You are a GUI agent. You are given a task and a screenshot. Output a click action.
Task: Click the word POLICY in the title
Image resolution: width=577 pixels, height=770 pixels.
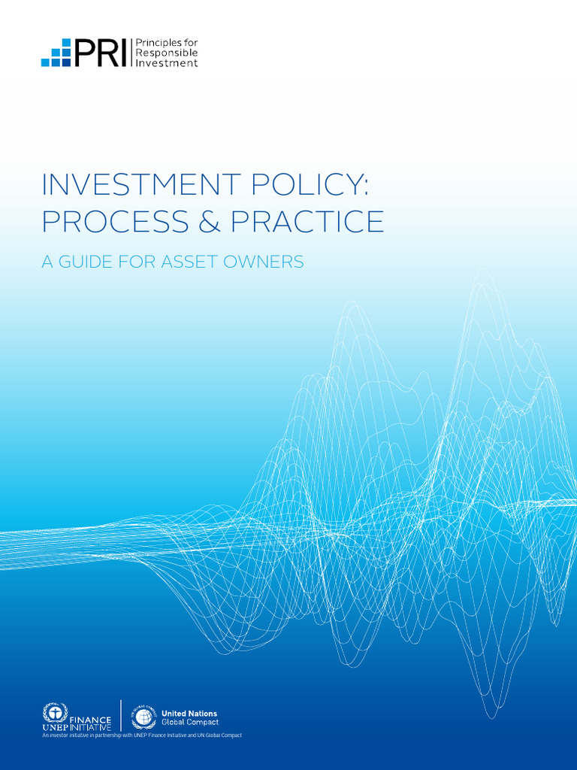pos(307,185)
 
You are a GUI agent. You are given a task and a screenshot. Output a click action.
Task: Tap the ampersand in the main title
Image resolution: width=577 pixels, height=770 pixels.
pos(210,221)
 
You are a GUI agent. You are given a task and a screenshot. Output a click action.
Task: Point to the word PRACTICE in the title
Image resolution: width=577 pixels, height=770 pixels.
pos(307,221)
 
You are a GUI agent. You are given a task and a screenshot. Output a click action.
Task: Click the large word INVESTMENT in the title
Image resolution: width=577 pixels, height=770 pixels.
pos(141,185)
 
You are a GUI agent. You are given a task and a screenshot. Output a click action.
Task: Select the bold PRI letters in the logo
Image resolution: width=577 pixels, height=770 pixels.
pos(101,53)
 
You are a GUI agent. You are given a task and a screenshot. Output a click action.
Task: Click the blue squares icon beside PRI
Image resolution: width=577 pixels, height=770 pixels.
pos(56,53)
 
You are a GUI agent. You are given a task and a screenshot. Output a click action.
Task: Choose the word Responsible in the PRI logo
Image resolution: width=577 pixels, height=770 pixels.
pos(166,53)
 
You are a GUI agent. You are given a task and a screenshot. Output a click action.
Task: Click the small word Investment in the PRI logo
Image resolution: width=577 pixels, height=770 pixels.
pos(166,63)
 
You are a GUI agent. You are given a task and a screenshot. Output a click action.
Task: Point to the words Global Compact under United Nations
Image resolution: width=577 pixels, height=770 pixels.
pos(190,723)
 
